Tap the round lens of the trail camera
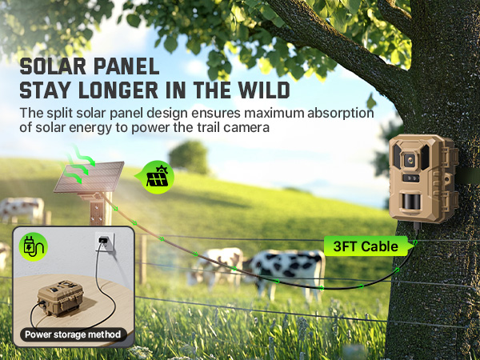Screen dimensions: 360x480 click(410, 161)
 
